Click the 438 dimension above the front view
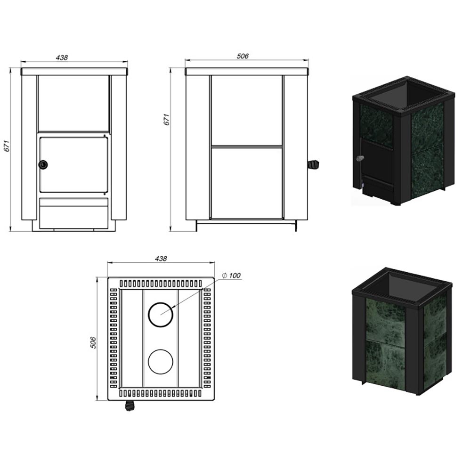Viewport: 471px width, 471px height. pos(62,57)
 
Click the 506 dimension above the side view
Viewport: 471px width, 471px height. pos(243,56)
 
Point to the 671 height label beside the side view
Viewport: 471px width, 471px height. pos(167,120)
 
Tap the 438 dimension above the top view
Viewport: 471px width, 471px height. pos(161,259)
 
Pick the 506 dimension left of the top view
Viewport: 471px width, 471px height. pos(93,342)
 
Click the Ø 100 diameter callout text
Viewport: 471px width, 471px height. pos(231,276)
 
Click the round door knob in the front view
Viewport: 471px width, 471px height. pos(43,164)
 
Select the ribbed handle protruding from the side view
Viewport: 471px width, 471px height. pos(314,165)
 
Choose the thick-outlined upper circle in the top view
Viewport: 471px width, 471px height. pos(161,315)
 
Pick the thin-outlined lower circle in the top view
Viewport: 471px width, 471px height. pos(161,362)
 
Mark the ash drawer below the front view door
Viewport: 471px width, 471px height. pos(73,213)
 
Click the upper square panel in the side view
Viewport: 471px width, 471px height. pos(247,111)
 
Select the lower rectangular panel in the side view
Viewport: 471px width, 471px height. pos(247,183)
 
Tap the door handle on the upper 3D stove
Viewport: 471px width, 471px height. pos(359,158)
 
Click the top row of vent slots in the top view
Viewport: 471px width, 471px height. pos(161,284)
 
